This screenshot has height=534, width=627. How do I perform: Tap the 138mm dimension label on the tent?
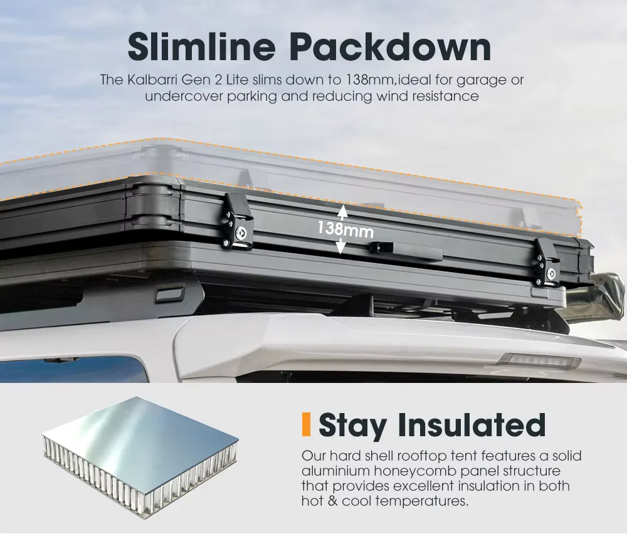[346, 230]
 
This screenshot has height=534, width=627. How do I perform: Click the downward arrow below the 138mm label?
[340, 246]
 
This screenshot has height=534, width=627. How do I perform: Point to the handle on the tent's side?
[406, 251]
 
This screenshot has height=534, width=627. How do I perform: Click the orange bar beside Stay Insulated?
[307, 424]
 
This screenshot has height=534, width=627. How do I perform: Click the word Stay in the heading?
[352, 426]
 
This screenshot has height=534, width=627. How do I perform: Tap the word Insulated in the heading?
[472, 424]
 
